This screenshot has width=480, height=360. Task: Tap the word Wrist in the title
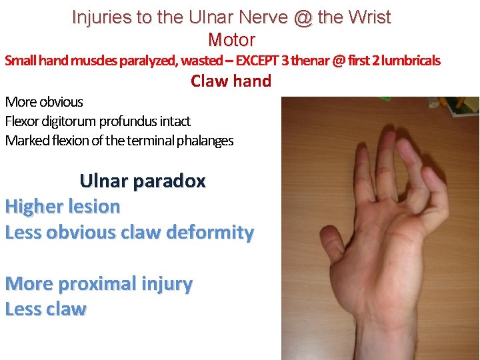[367, 17]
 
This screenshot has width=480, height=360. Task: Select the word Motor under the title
[231, 39]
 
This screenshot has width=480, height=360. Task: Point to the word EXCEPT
[257, 61]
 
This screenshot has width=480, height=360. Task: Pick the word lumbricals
[408, 61]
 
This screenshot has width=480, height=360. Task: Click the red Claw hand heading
[231, 81]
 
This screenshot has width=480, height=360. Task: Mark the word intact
[175, 121]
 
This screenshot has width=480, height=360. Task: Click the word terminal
[144, 141]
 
